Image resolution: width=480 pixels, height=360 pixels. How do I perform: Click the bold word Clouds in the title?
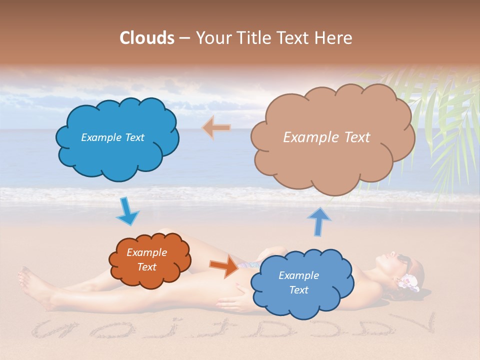coord(147,38)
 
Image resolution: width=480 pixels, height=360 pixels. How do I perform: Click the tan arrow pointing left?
coord(216,128)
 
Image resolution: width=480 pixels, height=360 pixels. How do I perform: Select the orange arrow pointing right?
coord(224,266)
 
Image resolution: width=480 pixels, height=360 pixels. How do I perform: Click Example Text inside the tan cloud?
coord(326,137)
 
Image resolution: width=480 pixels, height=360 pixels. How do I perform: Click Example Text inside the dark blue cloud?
coord(112,137)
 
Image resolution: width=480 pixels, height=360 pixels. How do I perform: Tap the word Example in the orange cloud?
coord(146,252)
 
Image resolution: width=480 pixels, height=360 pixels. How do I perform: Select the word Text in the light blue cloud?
coord(298,290)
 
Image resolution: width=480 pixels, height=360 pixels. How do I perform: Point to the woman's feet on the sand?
coord(32,287)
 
